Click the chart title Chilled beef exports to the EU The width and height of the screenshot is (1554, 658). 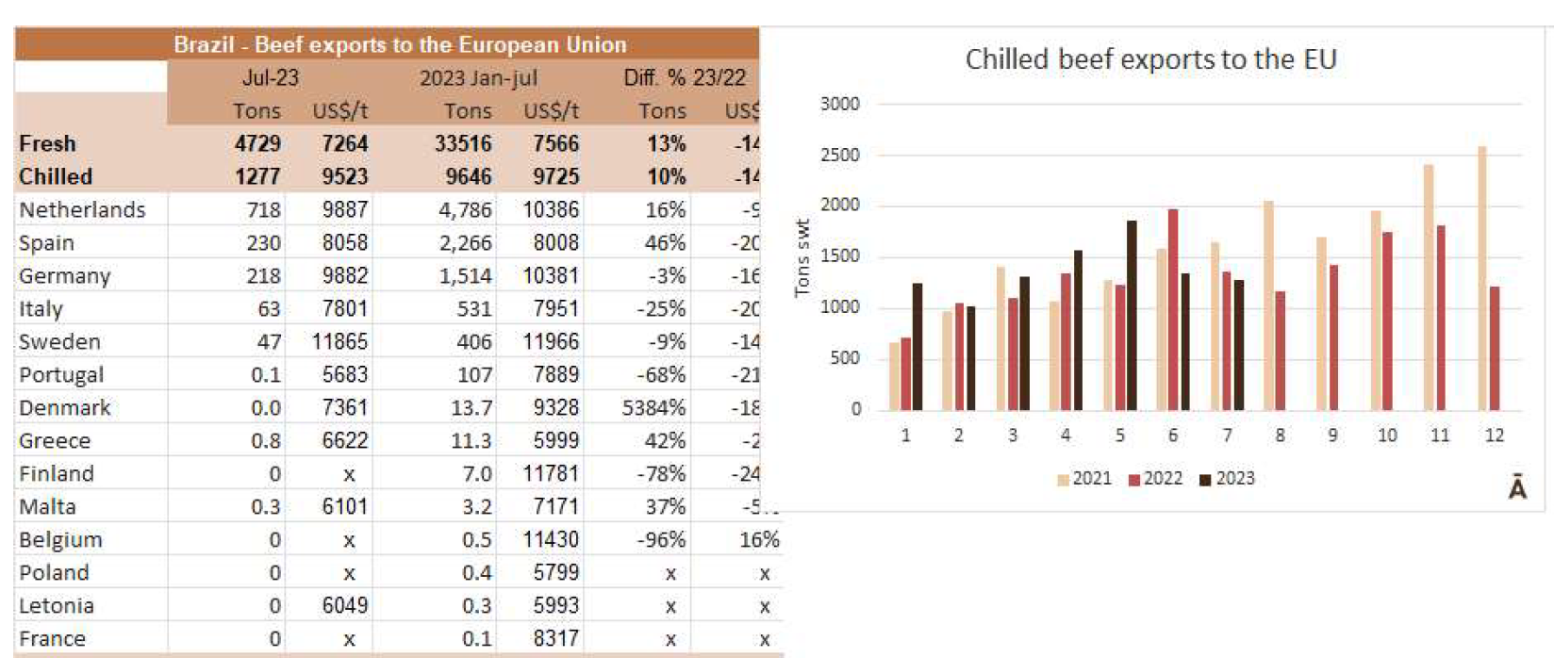coord(1150,59)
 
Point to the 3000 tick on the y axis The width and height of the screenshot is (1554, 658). coord(839,105)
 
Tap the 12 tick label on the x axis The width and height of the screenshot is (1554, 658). coord(1494,436)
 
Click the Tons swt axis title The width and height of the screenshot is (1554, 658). coord(802,257)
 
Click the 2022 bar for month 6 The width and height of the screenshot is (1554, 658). coord(1172,309)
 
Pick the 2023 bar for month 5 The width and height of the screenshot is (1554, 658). coord(1131,315)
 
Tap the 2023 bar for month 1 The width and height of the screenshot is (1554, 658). coord(917,346)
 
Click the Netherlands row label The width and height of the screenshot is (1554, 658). coord(82,210)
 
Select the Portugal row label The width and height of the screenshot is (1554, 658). coord(61,375)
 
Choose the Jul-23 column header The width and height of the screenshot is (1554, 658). coord(271,78)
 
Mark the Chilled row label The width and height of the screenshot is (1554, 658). coord(56,177)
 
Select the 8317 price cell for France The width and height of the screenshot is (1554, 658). coord(555,639)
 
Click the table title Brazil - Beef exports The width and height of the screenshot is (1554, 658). coord(400,45)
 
